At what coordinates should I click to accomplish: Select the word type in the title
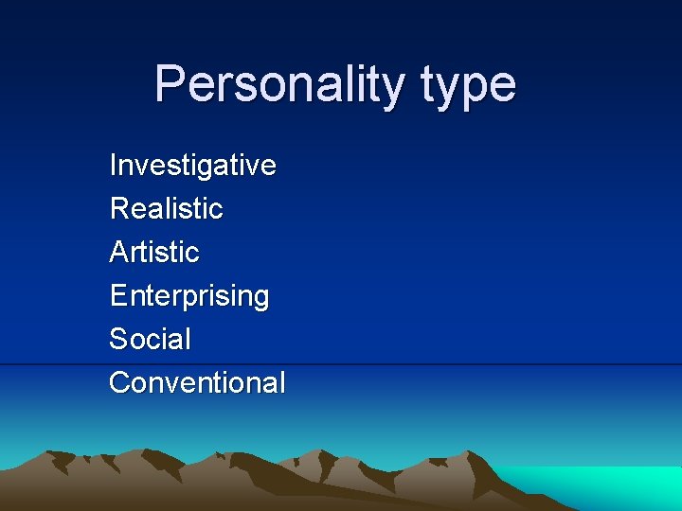click(468, 85)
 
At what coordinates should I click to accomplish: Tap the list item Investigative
click(192, 166)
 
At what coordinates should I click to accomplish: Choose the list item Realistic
click(166, 208)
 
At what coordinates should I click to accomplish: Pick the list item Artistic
click(154, 252)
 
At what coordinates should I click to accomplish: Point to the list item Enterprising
click(188, 296)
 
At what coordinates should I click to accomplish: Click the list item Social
click(150, 339)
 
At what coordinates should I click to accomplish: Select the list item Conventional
click(196, 382)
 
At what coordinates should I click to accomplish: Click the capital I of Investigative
click(113, 165)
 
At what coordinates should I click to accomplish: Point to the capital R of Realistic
click(118, 208)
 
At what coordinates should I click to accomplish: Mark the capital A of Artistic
click(118, 252)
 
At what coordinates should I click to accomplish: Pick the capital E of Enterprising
click(117, 295)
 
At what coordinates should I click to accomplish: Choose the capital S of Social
click(118, 339)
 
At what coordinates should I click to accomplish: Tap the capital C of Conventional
click(119, 382)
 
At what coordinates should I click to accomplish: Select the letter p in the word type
click(475, 89)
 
